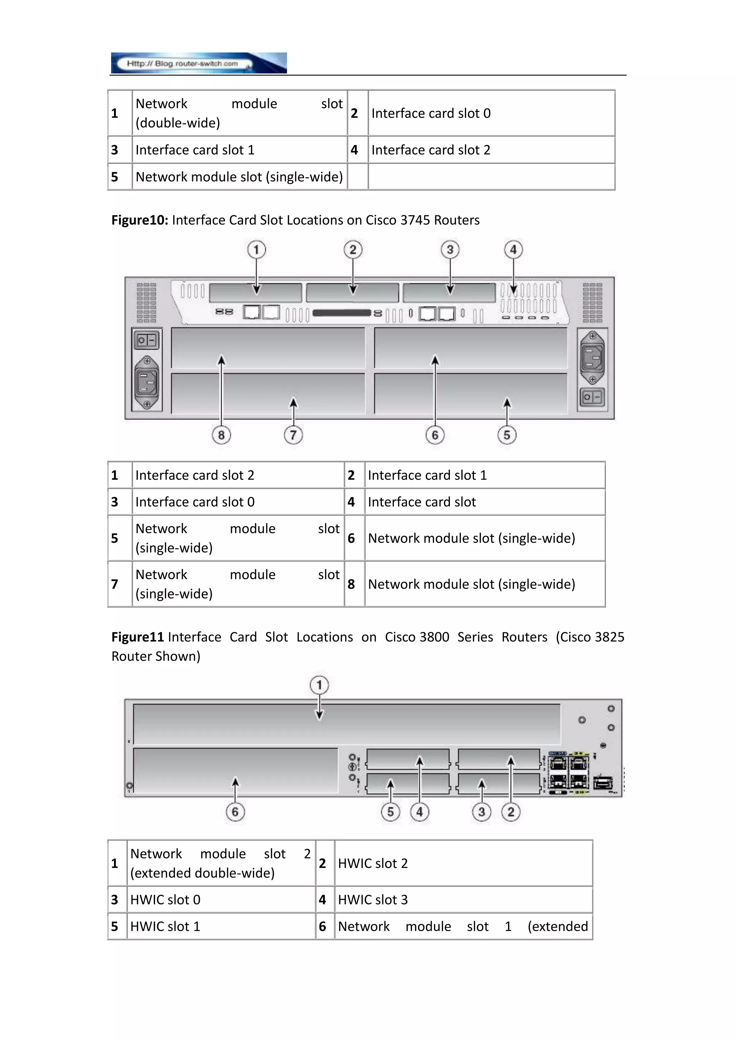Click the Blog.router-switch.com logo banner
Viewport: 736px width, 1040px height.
point(198,63)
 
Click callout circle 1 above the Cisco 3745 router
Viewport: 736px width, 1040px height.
point(257,250)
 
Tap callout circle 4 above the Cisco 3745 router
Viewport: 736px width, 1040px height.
point(513,250)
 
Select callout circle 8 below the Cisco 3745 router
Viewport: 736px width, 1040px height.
point(221,435)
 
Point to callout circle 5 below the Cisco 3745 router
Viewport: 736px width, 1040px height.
point(507,435)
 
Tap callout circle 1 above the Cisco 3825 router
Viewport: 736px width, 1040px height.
point(319,685)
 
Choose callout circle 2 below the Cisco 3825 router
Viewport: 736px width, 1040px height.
point(511,812)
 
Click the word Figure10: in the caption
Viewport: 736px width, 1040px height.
point(139,220)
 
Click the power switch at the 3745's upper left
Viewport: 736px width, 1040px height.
point(146,340)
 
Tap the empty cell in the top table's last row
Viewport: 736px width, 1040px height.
point(491,177)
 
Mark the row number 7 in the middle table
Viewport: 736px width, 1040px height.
point(115,584)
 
